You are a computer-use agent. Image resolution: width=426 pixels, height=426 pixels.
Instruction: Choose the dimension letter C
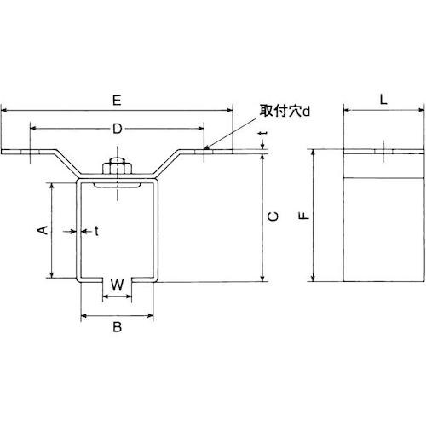coord(272,217)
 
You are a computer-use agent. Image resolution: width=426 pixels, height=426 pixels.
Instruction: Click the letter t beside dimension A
coord(95,231)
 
